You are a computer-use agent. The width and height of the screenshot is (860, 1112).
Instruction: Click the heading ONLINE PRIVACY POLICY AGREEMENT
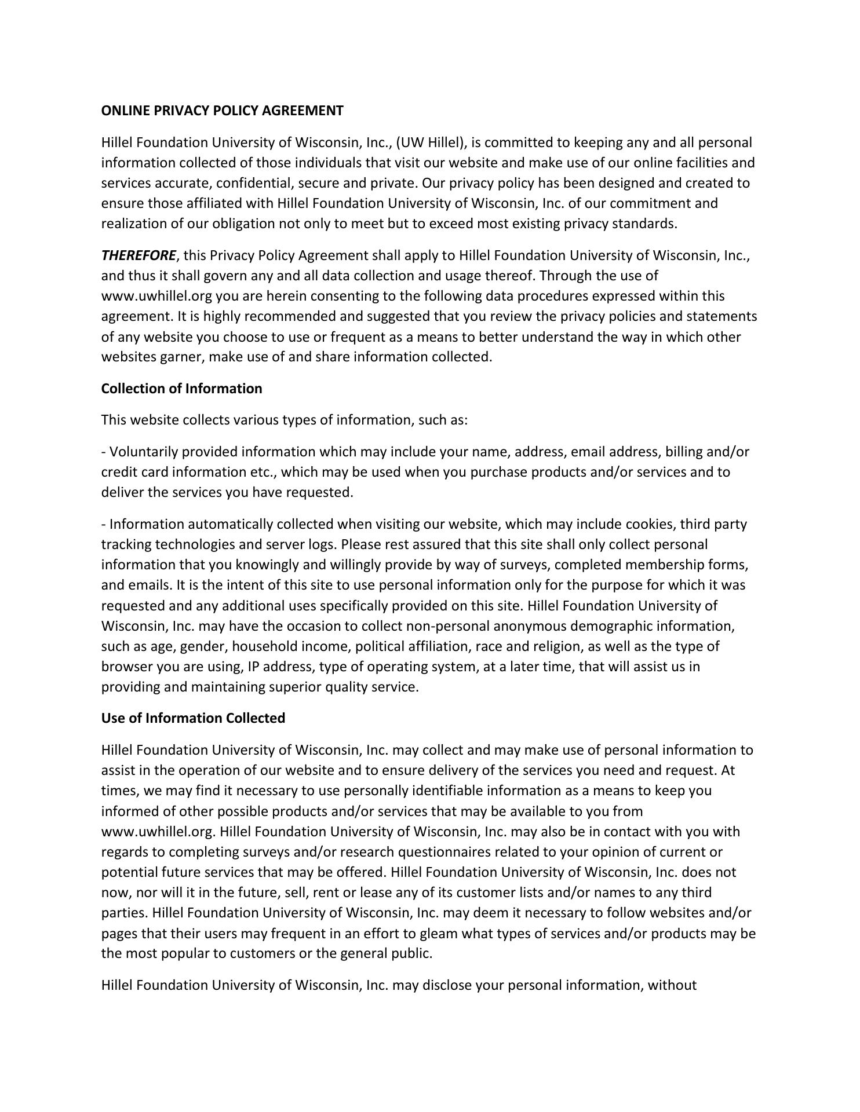(222, 111)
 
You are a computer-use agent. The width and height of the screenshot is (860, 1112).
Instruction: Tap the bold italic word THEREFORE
(139, 255)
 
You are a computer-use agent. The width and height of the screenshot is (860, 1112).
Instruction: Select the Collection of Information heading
(181, 389)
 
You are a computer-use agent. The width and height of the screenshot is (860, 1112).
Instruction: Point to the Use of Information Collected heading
(193, 718)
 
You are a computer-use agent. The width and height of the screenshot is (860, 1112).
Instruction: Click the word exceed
(451, 224)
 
